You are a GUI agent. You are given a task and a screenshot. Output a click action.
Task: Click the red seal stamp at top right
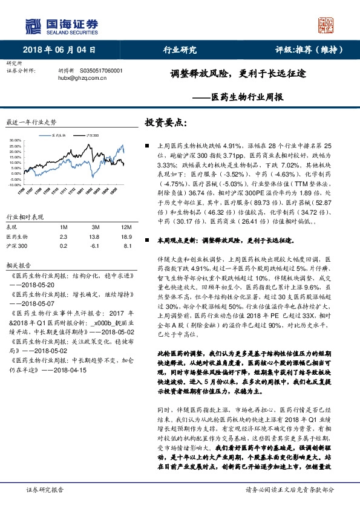[326, 25]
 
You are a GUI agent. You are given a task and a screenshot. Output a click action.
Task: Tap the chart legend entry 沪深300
[91, 135]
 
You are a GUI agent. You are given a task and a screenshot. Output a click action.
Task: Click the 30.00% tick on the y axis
[16, 140]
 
